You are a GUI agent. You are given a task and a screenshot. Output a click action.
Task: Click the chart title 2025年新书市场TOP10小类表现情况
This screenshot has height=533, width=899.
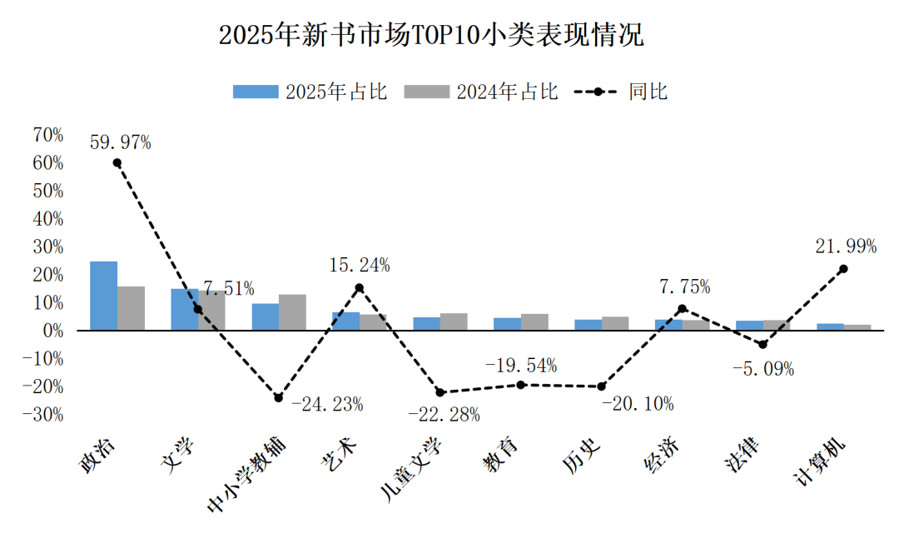click(431, 36)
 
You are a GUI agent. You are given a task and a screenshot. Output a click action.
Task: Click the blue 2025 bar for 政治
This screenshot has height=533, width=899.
click(104, 296)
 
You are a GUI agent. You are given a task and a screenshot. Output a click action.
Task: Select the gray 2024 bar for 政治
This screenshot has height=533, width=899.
click(131, 308)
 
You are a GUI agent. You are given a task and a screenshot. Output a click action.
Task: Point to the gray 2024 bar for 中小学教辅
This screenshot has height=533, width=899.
click(292, 312)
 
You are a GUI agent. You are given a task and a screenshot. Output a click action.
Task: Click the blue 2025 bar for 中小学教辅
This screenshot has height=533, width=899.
click(266, 316)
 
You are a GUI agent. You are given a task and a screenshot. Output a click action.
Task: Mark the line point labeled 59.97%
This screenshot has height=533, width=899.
click(117, 163)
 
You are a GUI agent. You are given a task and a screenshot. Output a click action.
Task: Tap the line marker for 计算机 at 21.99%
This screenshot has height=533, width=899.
click(843, 269)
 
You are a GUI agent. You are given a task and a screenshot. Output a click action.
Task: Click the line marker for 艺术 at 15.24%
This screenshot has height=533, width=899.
click(360, 287)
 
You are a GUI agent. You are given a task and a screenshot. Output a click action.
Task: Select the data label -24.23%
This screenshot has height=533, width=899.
click(327, 406)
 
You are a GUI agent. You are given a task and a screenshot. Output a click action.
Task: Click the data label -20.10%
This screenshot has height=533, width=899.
click(638, 405)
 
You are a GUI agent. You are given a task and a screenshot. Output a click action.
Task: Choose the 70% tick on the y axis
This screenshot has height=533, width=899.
click(48, 135)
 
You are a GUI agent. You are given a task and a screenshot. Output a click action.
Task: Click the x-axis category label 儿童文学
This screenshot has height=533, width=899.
click(412, 470)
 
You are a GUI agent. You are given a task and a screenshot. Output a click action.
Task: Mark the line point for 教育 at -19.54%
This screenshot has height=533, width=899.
click(521, 385)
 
